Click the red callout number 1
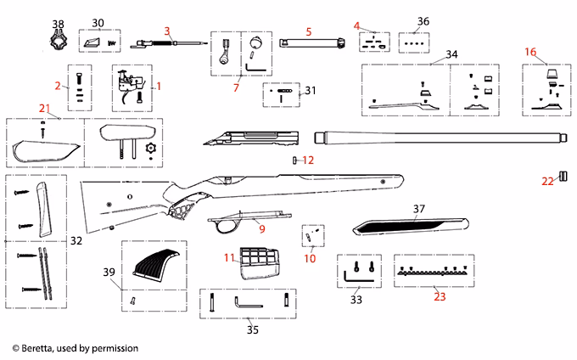[x=157, y=87]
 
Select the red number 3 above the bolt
[x=167, y=31]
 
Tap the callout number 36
[x=423, y=21]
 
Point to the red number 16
[x=530, y=52]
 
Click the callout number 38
[x=58, y=24]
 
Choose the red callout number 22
[x=546, y=180]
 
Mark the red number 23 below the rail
[x=439, y=296]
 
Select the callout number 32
[x=76, y=241]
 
